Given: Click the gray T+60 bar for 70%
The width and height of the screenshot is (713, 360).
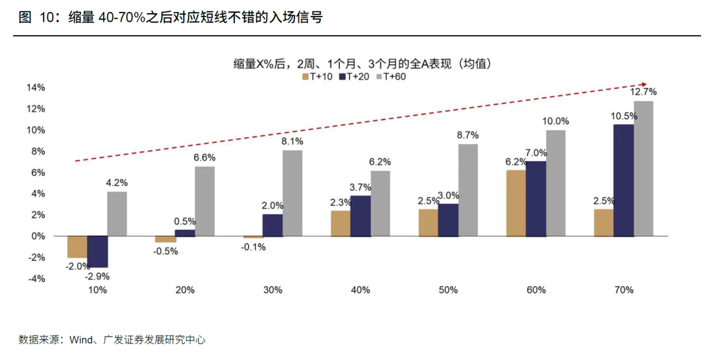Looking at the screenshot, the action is click(x=644, y=168).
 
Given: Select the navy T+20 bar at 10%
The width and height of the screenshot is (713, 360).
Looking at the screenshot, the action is click(x=97, y=252).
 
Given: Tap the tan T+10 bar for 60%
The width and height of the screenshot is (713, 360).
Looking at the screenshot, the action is click(x=516, y=203).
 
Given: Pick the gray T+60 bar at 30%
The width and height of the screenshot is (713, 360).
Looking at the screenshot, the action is click(x=292, y=193).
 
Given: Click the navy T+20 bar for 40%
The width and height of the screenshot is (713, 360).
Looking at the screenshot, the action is click(x=360, y=216).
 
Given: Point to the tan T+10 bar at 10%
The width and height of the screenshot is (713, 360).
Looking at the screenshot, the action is click(x=77, y=246).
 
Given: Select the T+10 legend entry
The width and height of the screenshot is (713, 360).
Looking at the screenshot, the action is click(x=318, y=77).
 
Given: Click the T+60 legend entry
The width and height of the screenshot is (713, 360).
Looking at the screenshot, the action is click(x=391, y=77).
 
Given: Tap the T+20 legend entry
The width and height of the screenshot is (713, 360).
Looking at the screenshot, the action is click(x=355, y=77).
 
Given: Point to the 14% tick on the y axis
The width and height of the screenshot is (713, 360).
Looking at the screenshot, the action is click(x=36, y=88).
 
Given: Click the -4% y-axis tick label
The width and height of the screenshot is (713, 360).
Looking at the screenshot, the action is click(x=36, y=279).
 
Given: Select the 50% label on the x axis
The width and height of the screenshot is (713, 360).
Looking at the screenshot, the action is click(x=448, y=290).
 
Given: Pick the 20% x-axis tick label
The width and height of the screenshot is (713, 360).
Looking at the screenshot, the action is click(x=185, y=290).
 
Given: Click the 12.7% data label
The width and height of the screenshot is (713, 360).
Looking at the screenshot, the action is click(x=644, y=92).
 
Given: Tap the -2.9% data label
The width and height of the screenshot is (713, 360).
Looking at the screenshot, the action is click(x=97, y=276).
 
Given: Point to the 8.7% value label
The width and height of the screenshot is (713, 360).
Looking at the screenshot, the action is click(x=468, y=135).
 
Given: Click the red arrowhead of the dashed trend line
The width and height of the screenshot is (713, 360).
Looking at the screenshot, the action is click(x=643, y=84).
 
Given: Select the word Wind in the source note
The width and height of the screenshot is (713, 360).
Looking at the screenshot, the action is click(x=81, y=340).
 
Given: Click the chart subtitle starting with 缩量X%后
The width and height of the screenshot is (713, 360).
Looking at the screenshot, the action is click(x=363, y=63).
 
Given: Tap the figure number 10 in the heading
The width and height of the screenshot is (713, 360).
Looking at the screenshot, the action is click(x=46, y=17).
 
